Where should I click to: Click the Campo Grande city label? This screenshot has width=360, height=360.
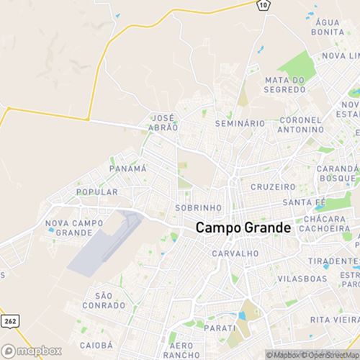pyautogui.click(x=243, y=228)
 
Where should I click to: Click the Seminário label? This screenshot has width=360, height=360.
pyautogui.click(x=240, y=124)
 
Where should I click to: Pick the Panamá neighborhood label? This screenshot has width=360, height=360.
pyautogui.click(x=127, y=168)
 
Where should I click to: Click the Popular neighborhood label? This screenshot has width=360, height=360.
pyautogui.click(x=96, y=192)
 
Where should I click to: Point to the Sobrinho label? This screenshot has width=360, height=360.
pyautogui.click(x=192, y=207)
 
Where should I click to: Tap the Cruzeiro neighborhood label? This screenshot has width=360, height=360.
pyautogui.click(x=269, y=186)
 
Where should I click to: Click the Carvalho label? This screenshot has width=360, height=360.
pyautogui.click(x=235, y=253)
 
